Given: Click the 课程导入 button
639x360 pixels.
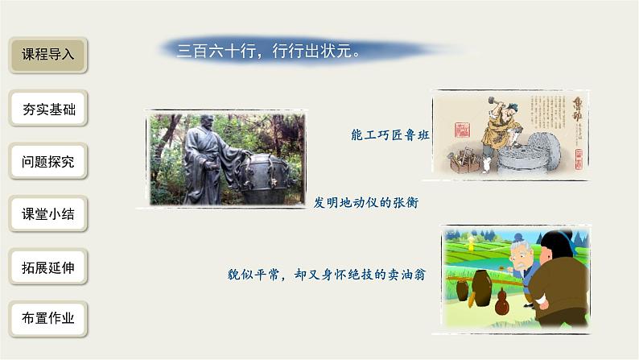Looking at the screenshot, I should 47,56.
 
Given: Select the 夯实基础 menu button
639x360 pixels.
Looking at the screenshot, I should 47,109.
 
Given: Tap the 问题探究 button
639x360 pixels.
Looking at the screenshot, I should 47,161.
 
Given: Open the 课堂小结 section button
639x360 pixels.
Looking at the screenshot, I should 47,214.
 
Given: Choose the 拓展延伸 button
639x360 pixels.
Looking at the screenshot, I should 47,267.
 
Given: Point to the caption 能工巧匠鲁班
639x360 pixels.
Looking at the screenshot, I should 390,135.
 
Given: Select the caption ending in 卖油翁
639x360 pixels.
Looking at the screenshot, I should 326,275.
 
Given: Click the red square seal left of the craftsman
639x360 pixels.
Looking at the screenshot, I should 462,130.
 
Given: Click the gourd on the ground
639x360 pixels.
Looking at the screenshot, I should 501,304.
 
